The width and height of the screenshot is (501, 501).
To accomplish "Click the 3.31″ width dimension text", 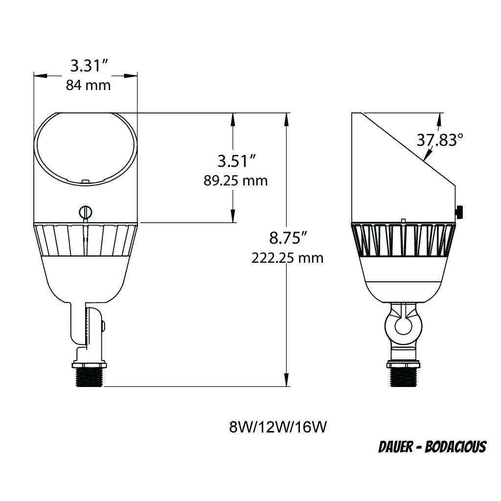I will click(89, 66).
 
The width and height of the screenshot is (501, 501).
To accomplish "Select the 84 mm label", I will click(88, 85).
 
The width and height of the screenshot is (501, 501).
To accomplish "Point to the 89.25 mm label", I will click(236, 181).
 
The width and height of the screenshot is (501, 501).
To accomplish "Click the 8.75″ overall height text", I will click(288, 238).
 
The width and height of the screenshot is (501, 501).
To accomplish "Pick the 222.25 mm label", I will click(288, 258).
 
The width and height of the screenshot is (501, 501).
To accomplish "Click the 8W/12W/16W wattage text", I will click(277, 427).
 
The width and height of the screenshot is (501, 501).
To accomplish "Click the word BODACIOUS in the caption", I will click(455, 447).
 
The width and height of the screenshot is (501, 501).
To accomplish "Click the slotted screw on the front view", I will click(85, 212).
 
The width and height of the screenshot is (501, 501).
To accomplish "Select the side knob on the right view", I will click(460, 212).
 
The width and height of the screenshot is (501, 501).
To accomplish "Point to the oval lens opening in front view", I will click(85, 148).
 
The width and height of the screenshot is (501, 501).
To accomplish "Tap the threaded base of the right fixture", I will click(404, 377).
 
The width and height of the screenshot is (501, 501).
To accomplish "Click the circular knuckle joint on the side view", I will click(404, 325).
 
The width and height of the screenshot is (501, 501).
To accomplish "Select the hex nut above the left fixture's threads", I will click(89, 364).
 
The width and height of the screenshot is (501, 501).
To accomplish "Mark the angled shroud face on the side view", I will click(409, 149).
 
